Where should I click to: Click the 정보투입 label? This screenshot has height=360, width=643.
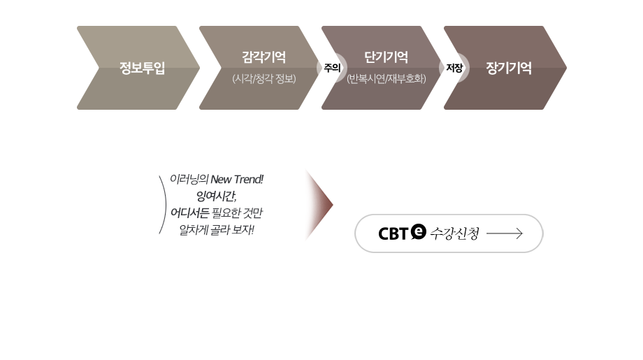(142, 69)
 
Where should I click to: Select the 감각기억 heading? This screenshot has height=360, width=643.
(263, 57)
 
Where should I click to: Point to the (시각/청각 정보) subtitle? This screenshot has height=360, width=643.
(264, 79)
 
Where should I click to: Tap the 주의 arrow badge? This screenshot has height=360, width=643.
(331, 68)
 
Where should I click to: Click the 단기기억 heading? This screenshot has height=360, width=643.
(386, 57)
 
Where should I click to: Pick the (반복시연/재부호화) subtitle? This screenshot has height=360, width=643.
(386, 79)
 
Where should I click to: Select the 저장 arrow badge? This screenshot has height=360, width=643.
(454, 68)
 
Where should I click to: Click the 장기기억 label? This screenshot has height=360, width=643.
(508, 69)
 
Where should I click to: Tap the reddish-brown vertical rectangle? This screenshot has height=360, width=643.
(318, 205)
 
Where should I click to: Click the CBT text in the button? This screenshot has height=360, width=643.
(393, 233)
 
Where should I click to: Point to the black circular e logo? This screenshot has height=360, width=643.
(419, 230)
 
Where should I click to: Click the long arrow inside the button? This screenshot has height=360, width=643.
(504, 233)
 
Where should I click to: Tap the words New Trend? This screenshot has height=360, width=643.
(242, 180)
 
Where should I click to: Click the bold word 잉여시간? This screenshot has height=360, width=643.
(215, 196)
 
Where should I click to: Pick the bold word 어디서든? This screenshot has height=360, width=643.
(191, 213)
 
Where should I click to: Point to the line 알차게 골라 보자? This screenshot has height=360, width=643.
(217, 229)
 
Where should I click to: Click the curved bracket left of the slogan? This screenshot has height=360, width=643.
(163, 204)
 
